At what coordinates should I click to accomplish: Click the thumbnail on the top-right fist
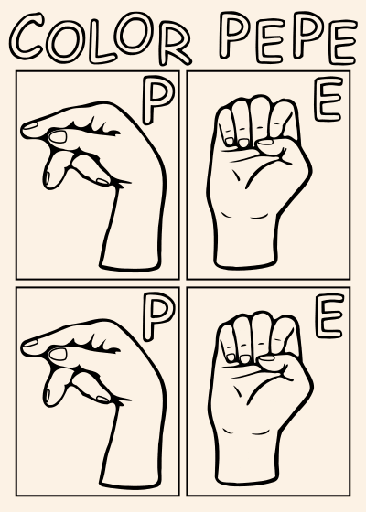coord(265,142)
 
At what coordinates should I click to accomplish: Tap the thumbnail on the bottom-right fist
coord(266,358)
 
